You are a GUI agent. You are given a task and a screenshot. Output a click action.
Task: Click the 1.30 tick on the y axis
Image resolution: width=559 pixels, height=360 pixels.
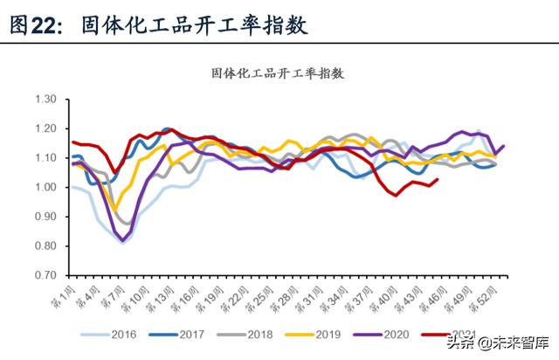coord(44,100)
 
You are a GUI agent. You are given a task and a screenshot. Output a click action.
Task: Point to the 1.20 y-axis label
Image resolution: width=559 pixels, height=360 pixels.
coord(44,128)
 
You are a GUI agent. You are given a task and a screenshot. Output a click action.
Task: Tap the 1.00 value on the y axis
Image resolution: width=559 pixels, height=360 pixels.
coord(44,187)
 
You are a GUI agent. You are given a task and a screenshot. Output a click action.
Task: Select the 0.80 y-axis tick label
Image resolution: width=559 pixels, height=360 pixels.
coord(44,246)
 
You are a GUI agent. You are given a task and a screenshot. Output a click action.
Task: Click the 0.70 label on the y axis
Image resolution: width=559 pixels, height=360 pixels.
coord(44,274)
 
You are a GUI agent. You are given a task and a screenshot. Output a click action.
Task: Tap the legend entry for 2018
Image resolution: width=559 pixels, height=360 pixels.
coord(259,334)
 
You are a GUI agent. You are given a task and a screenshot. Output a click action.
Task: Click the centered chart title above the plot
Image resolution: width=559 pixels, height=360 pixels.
coord(279,74)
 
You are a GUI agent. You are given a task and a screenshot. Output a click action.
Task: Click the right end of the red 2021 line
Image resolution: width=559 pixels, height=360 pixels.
coord(437,180)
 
